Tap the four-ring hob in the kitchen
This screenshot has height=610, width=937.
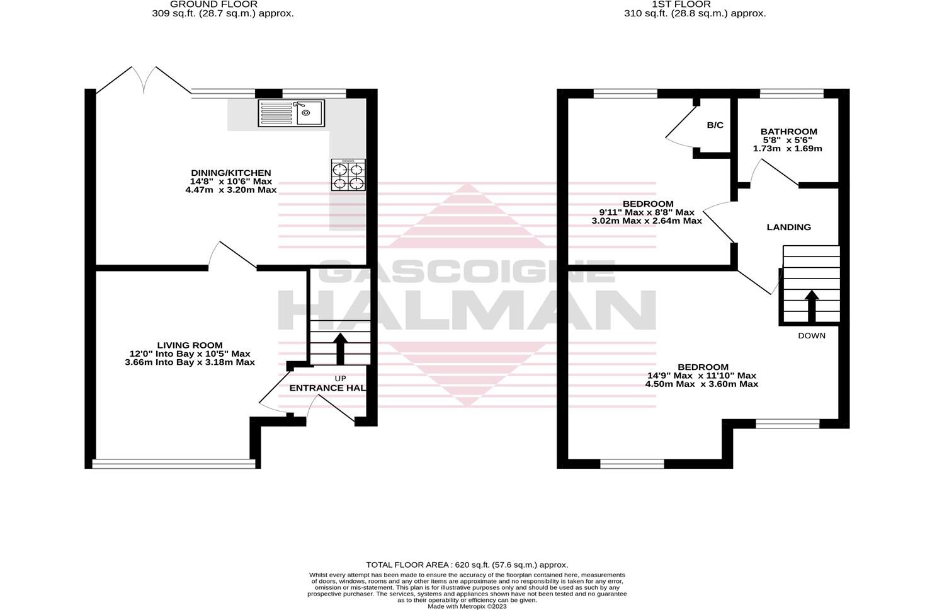(x=348, y=175)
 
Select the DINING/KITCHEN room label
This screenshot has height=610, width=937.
(x=231, y=173)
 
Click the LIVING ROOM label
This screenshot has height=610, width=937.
(x=190, y=345)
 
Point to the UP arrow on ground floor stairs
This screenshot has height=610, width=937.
(x=340, y=348)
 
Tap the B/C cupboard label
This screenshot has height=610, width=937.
(x=715, y=125)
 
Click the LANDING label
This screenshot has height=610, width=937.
(x=788, y=227)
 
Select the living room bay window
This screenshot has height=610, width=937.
(x=174, y=464)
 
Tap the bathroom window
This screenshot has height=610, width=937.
(x=791, y=94)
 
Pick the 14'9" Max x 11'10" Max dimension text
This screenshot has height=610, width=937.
(x=702, y=376)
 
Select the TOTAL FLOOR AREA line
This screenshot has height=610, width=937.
(x=467, y=565)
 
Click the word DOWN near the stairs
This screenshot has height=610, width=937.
(x=811, y=336)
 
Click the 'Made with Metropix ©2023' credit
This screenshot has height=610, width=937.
(x=467, y=606)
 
